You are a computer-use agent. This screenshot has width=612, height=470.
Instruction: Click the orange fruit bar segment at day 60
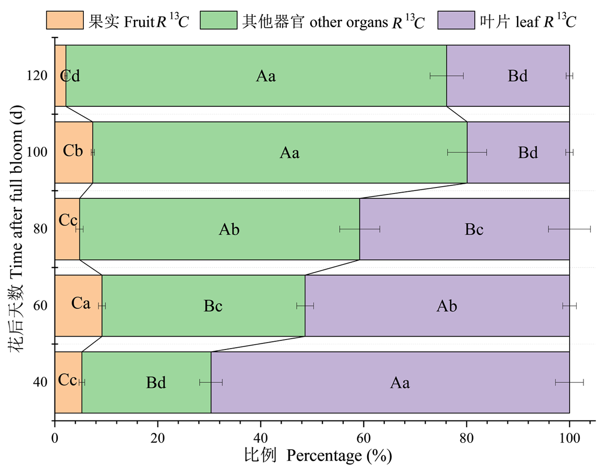pos(78,320)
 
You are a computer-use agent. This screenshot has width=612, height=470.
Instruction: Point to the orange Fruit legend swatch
pos(65,21)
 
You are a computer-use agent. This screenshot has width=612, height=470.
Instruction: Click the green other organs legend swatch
pos(218,21)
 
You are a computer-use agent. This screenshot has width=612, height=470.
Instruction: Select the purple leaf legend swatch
pos(456,21)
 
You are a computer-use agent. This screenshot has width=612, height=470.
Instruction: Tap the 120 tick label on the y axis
pos(37,75)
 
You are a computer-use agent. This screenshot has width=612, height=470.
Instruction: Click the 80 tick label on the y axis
pos(40,229)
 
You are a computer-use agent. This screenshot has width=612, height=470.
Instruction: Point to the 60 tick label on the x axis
pos(363,438)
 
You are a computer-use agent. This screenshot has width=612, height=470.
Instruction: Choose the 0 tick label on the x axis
pos(55,438)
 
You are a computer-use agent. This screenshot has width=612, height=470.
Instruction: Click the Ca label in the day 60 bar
pos(81,303)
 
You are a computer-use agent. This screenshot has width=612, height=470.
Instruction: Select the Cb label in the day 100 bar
pos(73,151)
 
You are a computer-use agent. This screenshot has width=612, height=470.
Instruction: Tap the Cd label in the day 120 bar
pos(70,76)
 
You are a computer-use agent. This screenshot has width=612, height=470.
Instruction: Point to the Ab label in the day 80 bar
pos(229,229)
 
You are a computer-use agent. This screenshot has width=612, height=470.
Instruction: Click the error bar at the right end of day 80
pos(569,229)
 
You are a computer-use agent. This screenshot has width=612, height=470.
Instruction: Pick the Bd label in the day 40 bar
pos(155,382)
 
